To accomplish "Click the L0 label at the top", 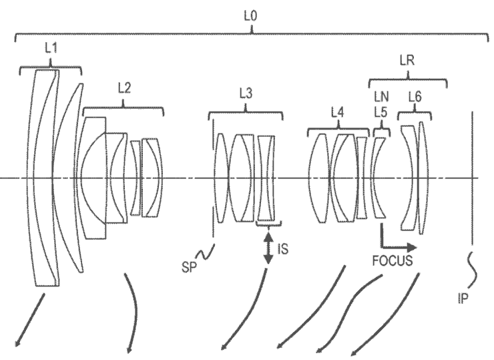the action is [250, 16].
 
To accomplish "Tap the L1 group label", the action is [51, 48].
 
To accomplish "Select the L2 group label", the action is [124, 88].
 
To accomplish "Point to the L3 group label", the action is [246, 94].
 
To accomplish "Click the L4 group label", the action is [337, 112].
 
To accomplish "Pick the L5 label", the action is [381, 112].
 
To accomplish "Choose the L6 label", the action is [415, 97].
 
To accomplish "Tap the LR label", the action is [407, 60].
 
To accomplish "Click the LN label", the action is [381, 97].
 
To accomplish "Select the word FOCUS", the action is [393, 260].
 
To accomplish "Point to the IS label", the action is [282, 249].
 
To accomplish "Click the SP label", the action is [189, 267].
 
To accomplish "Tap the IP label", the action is [463, 298].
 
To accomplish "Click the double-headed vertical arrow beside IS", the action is [268, 248].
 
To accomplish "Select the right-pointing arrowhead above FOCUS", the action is [411, 248].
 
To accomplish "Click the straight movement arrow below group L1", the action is [30, 321].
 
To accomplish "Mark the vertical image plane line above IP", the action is [472, 178].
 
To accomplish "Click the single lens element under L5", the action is [378, 178].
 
